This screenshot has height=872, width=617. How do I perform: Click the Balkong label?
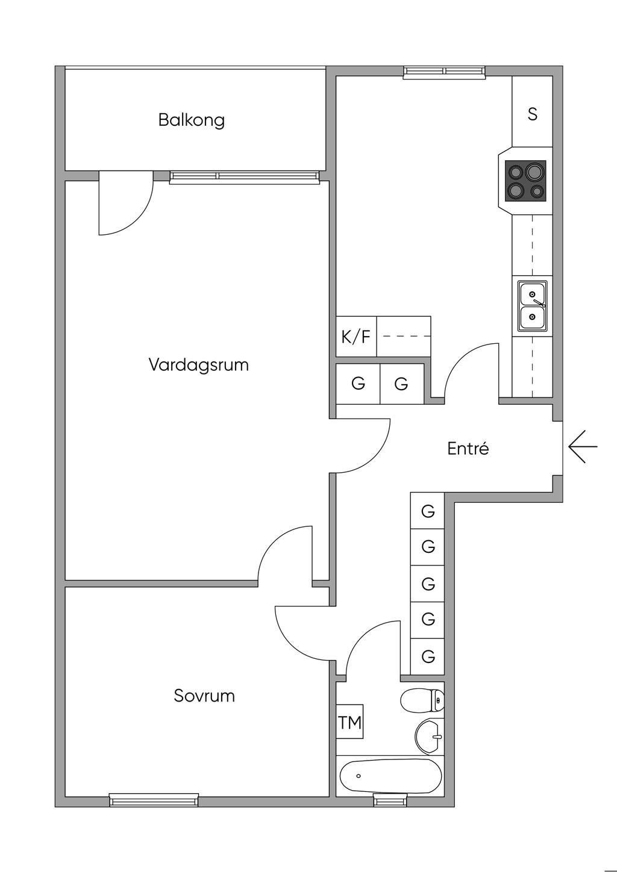click(x=192, y=120)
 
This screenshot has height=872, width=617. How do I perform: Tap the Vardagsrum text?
click(x=199, y=365)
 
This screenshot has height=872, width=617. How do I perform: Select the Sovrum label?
click(x=204, y=696)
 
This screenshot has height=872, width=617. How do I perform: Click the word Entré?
click(x=468, y=449)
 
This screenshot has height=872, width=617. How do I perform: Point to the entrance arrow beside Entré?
click(x=582, y=447)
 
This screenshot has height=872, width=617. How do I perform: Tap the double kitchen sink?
click(x=533, y=305)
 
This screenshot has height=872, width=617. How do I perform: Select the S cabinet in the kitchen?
click(x=532, y=113)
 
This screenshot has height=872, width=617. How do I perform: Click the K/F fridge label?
click(x=356, y=337)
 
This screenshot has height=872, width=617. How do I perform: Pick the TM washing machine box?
click(x=350, y=722)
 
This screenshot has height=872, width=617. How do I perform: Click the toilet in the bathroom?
click(x=422, y=700)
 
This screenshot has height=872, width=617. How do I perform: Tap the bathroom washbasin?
click(x=429, y=736)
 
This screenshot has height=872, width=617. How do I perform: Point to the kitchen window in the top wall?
click(x=445, y=72)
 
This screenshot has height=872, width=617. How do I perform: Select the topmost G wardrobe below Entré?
click(x=428, y=511)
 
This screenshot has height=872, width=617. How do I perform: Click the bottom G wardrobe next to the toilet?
click(x=428, y=656)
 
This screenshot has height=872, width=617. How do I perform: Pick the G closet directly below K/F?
click(x=358, y=384)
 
